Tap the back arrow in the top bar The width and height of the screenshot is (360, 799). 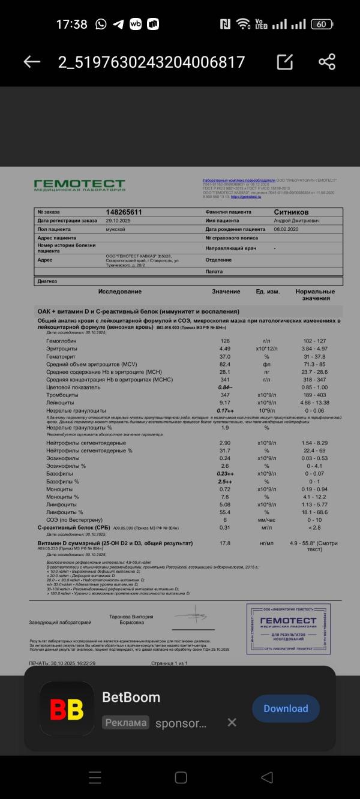(x=31, y=62)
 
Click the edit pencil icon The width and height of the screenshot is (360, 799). (x=285, y=62)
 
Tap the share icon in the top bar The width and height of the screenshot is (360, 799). (x=327, y=62)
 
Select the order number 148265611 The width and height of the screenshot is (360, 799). (x=124, y=212)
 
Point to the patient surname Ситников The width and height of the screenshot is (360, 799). (x=292, y=212)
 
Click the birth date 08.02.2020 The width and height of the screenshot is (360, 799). (x=286, y=229)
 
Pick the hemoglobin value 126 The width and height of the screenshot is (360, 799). (x=225, y=341)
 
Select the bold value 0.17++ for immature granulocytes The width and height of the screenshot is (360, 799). (x=226, y=410)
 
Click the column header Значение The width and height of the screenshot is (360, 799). (x=226, y=292)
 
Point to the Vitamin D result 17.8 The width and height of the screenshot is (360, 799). (x=225, y=543)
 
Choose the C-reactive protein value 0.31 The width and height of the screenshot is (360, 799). (x=225, y=527)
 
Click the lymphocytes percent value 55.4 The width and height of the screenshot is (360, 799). (x=225, y=512)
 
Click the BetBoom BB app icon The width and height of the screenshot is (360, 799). (x=67, y=709)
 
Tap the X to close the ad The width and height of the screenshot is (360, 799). (x=232, y=722)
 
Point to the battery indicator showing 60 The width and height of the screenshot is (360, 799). (x=322, y=24)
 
